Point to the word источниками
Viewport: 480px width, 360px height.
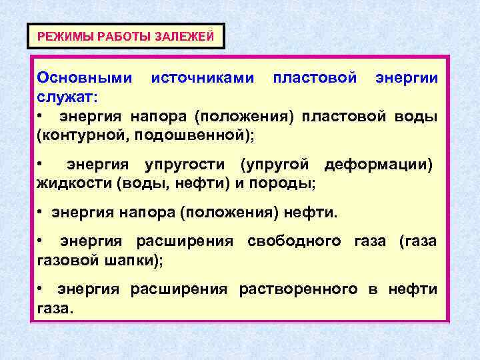click(203, 79)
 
